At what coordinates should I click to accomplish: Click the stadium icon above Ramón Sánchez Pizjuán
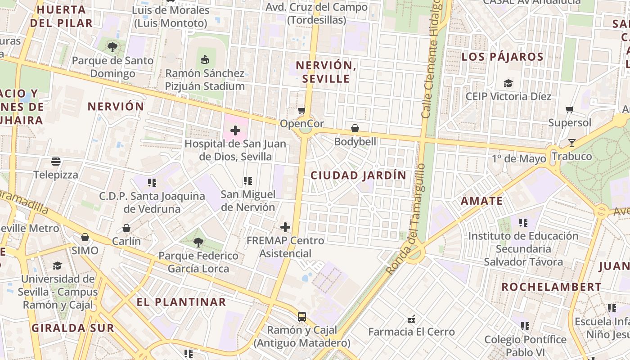click(x=205, y=59)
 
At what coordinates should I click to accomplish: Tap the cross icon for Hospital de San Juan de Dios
click(x=235, y=131)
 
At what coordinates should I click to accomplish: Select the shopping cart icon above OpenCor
click(x=301, y=110)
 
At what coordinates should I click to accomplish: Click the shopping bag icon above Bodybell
click(x=355, y=129)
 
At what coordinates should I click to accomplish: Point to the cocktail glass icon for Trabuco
click(x=571, y=143)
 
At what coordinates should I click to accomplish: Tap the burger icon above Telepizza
click(x=56, y=162)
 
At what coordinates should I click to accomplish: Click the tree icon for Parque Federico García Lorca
click(x=198, y=243)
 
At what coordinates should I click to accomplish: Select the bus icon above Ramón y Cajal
click(x=301, y=317)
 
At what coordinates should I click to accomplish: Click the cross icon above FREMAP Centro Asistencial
click(x=285, y=227)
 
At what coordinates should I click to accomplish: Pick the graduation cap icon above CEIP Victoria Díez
click(x=508, y=83)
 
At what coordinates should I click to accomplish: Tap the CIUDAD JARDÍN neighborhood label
click(x=358, y=175)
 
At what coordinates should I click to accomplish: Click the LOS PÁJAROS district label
click(x=502, y=57)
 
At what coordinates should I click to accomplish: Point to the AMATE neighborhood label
click(x=481, y=201)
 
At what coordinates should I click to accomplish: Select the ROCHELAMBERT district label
click(x=551, y=287)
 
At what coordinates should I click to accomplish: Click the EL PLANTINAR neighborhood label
click(x=181, y=302)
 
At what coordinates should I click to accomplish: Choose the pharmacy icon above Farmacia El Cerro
click(x=411, y=319)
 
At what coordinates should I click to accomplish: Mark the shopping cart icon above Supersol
click(x=569, y=109)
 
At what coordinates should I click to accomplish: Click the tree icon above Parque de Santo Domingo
click(x=112, y=47)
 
